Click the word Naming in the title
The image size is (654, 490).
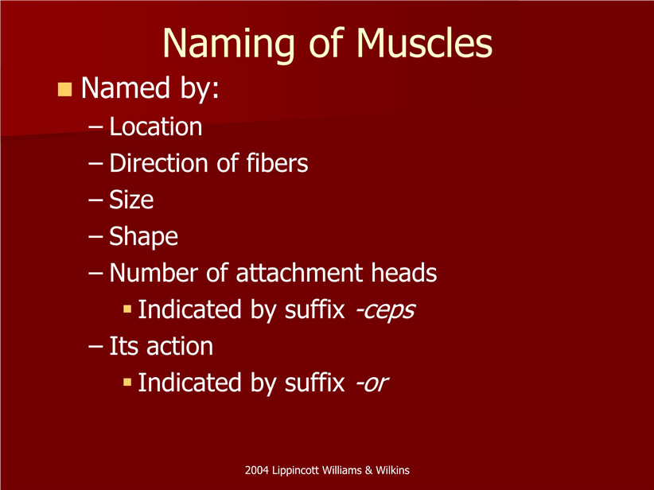[228, 45]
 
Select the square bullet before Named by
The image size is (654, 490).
[64, 89]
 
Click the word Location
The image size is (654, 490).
[156, 126]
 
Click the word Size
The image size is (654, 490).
[131, 200]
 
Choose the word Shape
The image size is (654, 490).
[143, 237]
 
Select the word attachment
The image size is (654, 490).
[299, 273]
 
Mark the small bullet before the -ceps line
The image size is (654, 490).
[127, 309]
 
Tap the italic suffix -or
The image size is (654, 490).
[372, 383]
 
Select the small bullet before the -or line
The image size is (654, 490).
[127, 382]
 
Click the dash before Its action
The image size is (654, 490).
[95, 347]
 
